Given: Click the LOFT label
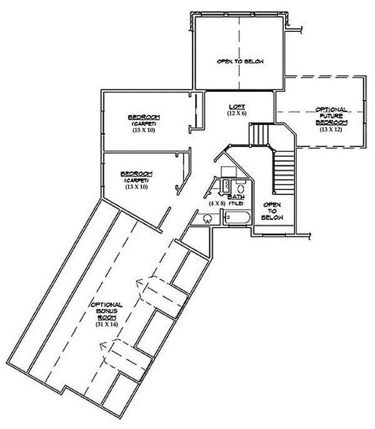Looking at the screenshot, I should (237, 106).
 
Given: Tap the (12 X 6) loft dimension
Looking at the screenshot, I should (237, 114).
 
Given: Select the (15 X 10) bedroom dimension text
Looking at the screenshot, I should (143, 130).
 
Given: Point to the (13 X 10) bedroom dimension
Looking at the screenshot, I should (136, 186).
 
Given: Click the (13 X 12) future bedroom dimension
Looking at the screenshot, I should (331, 130).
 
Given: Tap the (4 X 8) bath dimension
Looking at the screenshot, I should (217, 203).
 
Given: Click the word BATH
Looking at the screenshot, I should (236, 197).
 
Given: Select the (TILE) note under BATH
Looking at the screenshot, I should (236, 204).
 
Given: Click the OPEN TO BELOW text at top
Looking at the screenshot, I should (240, 61).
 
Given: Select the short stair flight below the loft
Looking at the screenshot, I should (258, 134).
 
